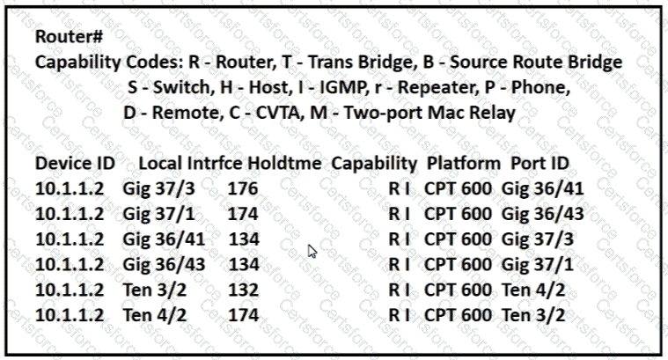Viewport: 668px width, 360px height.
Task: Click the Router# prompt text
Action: click(69, 37)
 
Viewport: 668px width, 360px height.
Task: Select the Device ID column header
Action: click(75, 163)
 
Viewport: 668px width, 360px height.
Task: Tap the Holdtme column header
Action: click(284, 163)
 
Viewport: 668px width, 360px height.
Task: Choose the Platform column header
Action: click(464, 163)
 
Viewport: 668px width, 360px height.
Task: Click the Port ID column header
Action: click(540, 163)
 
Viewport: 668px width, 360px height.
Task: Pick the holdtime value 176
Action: click(243, 188)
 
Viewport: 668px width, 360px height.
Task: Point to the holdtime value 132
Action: click(243, 290)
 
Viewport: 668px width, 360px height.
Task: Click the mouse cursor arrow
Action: click(312, 252)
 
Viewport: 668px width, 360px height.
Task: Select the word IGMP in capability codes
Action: click(342, 87)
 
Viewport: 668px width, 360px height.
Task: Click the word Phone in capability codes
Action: click(540, 87)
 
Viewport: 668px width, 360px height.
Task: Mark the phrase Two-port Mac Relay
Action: click(429, 114)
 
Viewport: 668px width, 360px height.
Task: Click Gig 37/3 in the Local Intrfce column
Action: click(158, 189)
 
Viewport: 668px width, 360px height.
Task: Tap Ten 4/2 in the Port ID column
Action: click(533, 290)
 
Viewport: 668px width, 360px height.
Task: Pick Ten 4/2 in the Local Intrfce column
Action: click(155, 316)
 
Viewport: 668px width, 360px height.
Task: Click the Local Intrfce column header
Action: click(190, 163)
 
